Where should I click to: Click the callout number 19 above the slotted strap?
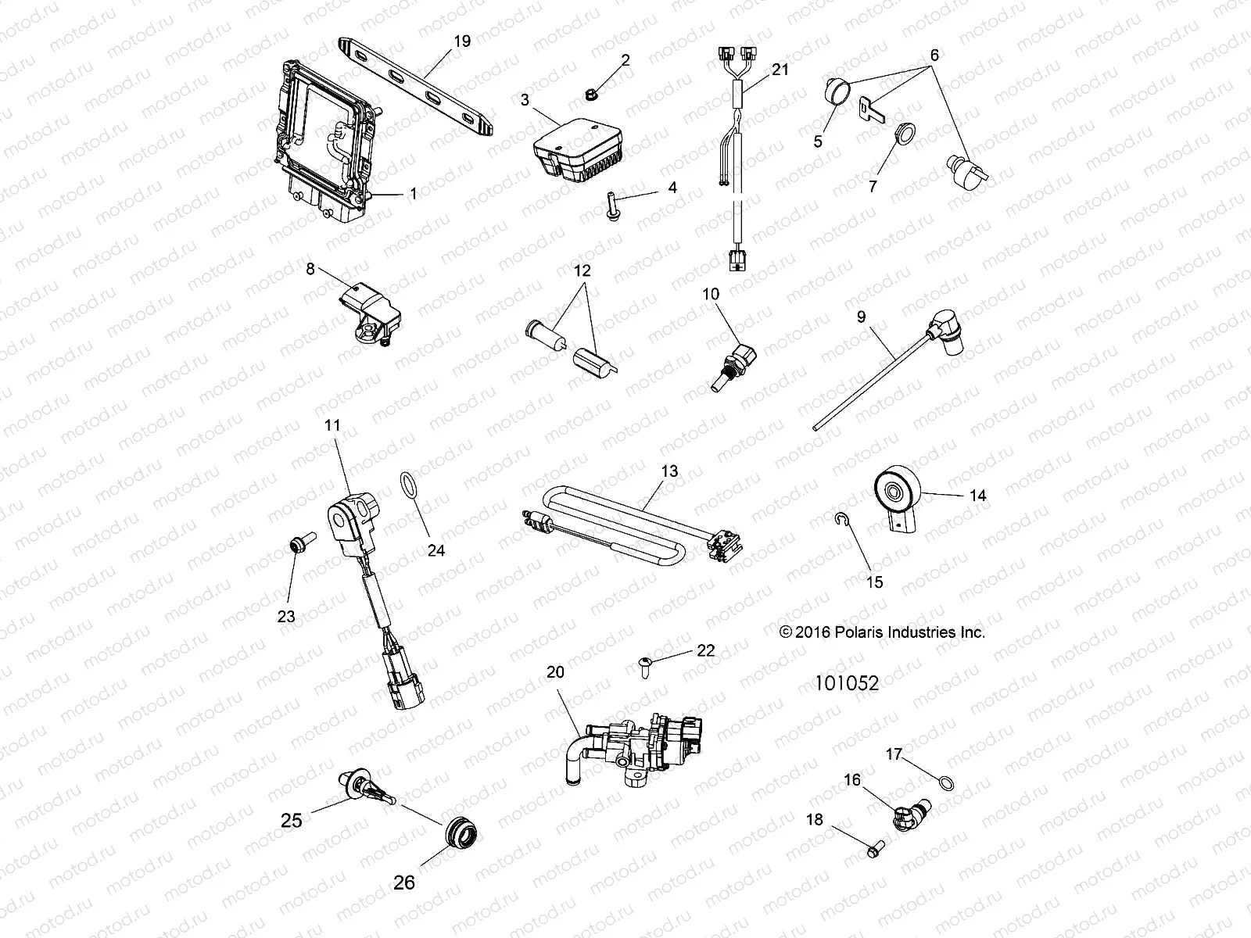pyautogui.click(x=462, y=41)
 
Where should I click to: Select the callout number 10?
pyautogui.click(x=711, y=294)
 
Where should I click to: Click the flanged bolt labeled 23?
pyautogui.click(x=300, y=541)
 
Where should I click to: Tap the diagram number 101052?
pyautogui.click(x=846, y=684)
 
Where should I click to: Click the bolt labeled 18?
pyautogui.click(x=875, y=845)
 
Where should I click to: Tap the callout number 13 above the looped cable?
pyautogui.click(x=669, y=472)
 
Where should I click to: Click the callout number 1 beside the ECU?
pyautogui.click(x=413, y=194)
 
